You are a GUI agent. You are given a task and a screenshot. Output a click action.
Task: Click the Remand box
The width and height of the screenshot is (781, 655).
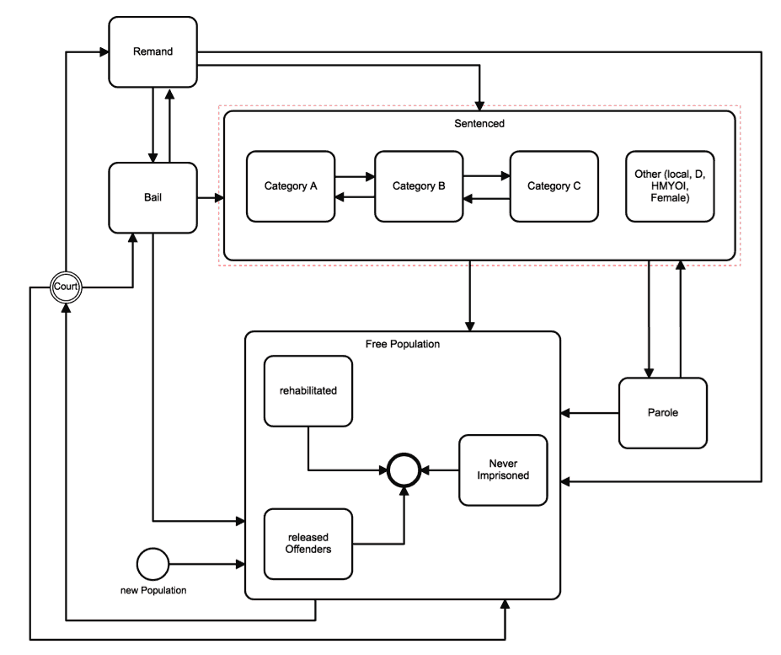(152, 52)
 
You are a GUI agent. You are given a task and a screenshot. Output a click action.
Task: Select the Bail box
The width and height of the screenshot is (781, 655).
(152, 199)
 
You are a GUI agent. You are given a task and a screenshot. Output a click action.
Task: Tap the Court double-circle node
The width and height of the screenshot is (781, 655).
(65, 287)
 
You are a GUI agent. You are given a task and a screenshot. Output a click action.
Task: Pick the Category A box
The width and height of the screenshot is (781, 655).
(291, 186)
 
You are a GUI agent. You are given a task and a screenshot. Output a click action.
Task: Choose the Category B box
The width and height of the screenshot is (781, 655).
(419, 186)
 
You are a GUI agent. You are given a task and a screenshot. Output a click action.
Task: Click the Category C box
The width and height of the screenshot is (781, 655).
(554, 186)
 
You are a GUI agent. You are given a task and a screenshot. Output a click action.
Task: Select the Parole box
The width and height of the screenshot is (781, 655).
(662, 413)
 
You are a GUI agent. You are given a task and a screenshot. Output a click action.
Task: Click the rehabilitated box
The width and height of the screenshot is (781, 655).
(307, 389)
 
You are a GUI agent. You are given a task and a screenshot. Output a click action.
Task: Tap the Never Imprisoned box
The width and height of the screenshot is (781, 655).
(502, 470)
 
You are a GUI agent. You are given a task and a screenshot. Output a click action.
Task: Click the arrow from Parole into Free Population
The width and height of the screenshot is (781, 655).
(590, 413)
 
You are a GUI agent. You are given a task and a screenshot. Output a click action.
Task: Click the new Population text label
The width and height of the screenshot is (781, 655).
(152, 590)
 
